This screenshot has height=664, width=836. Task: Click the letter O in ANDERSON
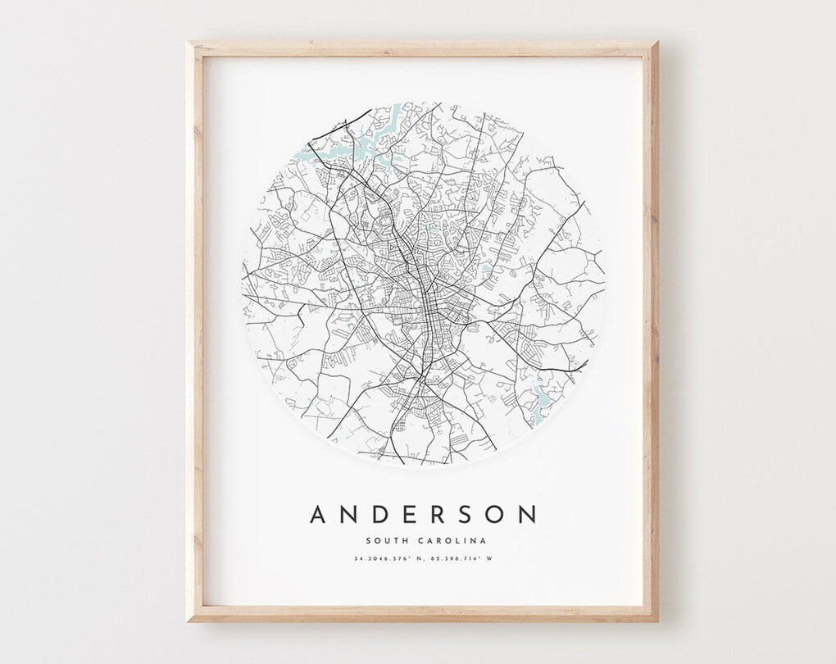[x=495, y=514]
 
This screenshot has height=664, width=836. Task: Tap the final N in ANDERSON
[x=527, y=514]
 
